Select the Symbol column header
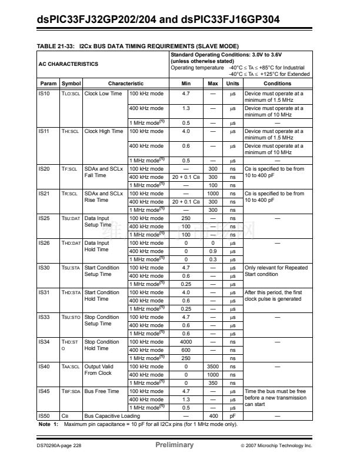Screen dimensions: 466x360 click(x=71, y=84)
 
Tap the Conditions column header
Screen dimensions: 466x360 click(x=277, y=84)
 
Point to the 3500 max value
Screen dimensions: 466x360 click(x=214, y=367)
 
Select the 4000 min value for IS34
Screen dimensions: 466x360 click(x=186, y=342)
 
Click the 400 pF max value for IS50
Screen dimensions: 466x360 click(x=214, y=416)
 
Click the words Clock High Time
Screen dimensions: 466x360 click(x=104, y=131)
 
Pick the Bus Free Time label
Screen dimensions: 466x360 click(x=102, y=391)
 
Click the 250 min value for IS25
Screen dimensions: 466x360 click(x=186, y=218)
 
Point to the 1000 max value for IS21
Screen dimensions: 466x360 click(x=214, y=194)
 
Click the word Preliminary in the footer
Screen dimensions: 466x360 click(x=174, y=445)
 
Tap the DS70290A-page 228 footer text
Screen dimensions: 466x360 click(x=61, y=445)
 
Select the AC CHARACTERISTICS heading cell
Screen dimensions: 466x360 click(x=69, y=64)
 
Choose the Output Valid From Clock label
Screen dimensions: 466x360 click(x=98, y=370)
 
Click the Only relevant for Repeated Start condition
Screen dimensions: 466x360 click(x=276, y=271)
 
